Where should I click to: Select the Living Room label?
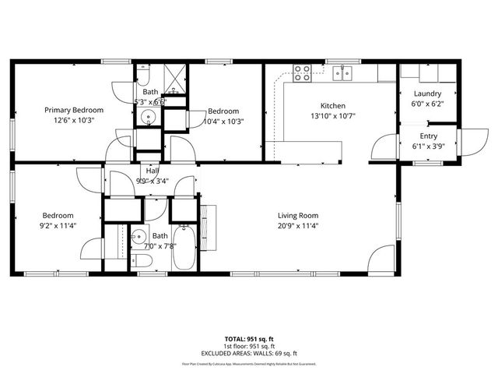pyautogui.click(x=299, y=216)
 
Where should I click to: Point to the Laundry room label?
pyautogui.click(x=427, y=93)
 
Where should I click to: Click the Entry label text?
pyautogui.click(x=428, y=136)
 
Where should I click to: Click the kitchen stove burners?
pyautogui.click(x=303, y=72)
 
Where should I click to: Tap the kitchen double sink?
pyautogui.click(x=343, y=73)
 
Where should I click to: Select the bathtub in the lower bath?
pyautogui.click(x=184, y=249)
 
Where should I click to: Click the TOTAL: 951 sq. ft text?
pyautogui.click(x=249, y=340)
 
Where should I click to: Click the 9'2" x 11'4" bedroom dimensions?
pyautogui.click(x=58, y=226)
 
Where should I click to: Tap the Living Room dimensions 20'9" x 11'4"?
pyautogui.click(x=299, y=226)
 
